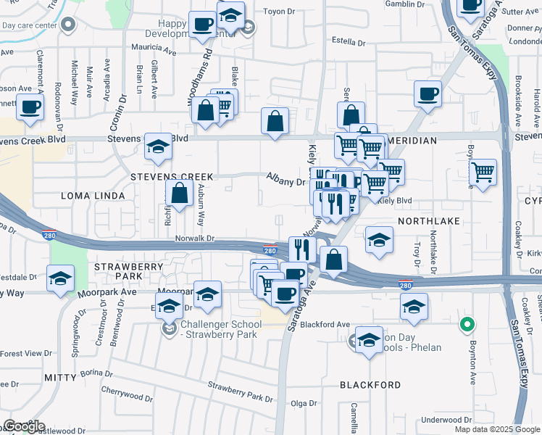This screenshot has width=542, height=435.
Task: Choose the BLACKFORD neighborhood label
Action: [x=370, y=385]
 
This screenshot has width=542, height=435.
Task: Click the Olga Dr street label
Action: [x=304, y=403]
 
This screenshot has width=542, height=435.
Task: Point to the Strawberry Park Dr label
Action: [x=239, y=391]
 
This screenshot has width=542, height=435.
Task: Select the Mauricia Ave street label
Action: [x=154, y=51]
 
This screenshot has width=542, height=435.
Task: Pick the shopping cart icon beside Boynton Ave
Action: [x=482, y=173]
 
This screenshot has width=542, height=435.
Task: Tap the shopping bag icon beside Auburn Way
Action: [x=179, y=194]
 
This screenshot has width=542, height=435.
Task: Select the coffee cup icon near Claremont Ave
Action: [x=30, y=107]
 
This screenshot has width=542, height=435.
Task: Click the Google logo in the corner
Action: [x=23, y=426]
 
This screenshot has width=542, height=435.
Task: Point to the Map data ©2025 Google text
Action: [x=496, y=429]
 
